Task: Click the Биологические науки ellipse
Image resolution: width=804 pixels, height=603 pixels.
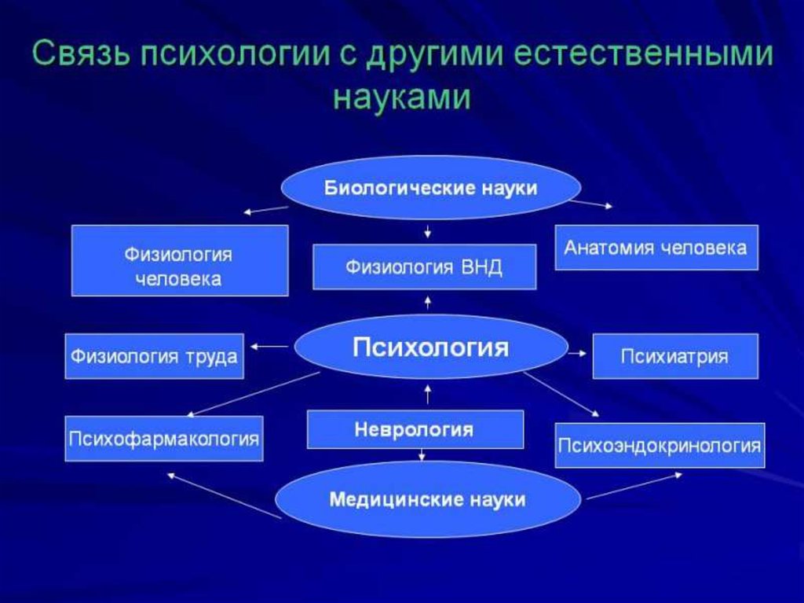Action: click(431, 189)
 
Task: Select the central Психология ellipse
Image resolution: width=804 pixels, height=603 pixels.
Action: click(430, 347)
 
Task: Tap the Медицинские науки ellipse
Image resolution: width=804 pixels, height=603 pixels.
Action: click(428, 499)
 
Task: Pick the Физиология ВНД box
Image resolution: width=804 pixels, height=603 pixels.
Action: click(424, 267)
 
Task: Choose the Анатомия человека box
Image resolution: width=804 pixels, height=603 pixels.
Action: click(656, 248)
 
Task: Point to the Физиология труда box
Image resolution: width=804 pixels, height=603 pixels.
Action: click(155, 356)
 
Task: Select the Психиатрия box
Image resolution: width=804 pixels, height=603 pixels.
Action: click(675, 356)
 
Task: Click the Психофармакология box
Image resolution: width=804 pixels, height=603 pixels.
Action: click(164, 438)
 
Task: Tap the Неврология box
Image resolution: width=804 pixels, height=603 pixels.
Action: click(415, 429)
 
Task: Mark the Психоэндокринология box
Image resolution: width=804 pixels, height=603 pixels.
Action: click(660, 446)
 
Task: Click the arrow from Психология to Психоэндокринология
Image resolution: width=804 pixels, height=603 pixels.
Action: click(561, 393)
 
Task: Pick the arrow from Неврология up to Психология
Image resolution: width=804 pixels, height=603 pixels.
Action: click(428, 393)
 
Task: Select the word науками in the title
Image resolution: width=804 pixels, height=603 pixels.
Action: click(401, 97)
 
